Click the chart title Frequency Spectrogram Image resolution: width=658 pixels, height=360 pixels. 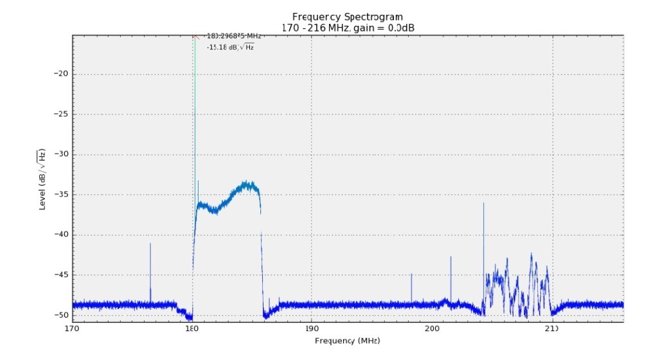(x=347, y=16)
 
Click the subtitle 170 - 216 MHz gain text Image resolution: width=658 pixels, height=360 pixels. (x=347, y=28)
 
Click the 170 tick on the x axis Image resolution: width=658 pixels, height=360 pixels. (x=72, y=328)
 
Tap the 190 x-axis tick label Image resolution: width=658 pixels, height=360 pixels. (x=312, y=328)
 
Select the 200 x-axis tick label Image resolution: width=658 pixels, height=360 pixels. (x=431, y=328)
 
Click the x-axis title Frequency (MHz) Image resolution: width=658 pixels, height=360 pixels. (x=347, y=339)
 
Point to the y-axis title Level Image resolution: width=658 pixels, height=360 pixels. (x=42, y=179)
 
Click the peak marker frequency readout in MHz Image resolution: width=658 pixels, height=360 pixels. (x=233, y=37)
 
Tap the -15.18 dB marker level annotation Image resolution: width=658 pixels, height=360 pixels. (x=230, y=47)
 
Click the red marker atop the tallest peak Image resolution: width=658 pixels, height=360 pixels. (x=195, y=37)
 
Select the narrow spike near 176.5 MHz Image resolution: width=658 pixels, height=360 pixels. (x=150, y=270)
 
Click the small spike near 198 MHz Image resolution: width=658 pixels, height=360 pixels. (x=411, y=286)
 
